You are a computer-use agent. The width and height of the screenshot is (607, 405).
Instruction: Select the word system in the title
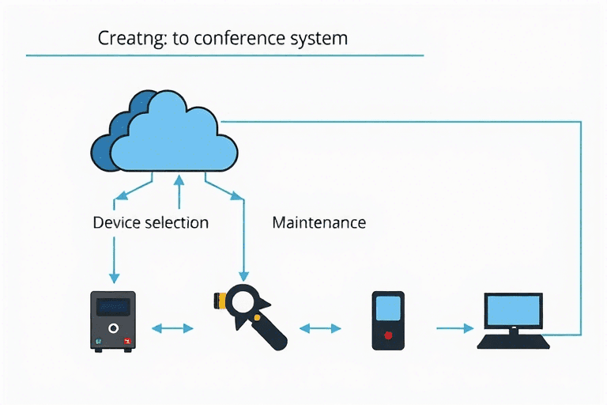click(322, 38)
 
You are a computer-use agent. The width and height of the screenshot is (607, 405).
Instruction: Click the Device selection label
click(150, 222)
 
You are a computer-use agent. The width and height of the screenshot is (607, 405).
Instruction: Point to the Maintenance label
click(319, 222)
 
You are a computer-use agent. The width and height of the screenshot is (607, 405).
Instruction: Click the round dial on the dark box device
click(114, 327)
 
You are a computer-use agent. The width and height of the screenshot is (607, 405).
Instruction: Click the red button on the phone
click(387, 335)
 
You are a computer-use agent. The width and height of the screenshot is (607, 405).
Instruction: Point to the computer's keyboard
click(513, 342)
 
